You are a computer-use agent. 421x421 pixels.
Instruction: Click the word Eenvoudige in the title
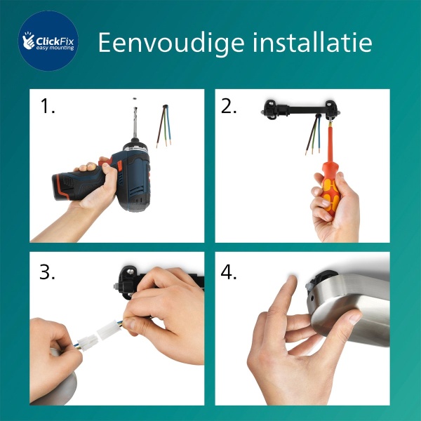[161, 42]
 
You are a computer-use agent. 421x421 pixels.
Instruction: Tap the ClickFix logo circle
[48, 41]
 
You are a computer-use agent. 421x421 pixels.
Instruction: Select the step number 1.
[47, 107]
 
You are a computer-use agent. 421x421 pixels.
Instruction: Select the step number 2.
[229, 107]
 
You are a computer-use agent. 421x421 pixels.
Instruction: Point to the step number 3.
[47, 272]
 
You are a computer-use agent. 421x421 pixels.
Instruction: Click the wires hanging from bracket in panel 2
[313, 137]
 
